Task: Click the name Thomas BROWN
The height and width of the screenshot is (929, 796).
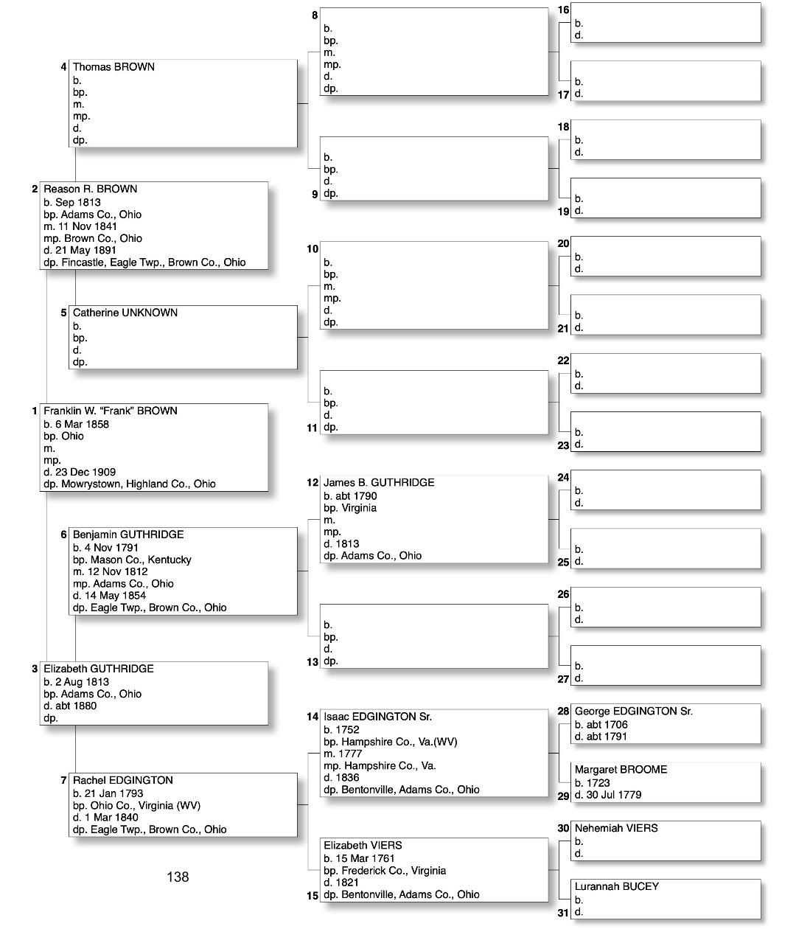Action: pyautogui.click(x=114, y=67)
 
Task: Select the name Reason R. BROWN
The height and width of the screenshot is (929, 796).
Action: pyautogui.click(x=90, y=189)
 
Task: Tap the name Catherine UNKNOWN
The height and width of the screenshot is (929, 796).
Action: pyautogui.click(x=125, y=313)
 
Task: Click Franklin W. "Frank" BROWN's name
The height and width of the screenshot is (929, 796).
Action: pyautogui.click(x=110, y=411)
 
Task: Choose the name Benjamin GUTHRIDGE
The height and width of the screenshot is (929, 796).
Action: pyautogui.click(x=128, y=535)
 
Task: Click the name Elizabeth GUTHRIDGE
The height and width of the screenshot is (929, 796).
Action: pyautogui.click(x=98, y=669)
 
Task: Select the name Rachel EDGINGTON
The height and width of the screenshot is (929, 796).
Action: pyautogui.click(x=122, y=780)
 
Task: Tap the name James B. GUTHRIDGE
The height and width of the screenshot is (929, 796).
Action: pyautogui.click(x=379, y=483)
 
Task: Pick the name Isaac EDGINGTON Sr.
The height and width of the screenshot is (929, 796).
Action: pyautogui.click(x=377, y=717)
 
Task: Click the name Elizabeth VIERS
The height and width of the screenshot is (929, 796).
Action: pyautogui.click(x=363, y=846)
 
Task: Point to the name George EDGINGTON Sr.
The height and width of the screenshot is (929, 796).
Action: pyautogui.click(x=633, y=711)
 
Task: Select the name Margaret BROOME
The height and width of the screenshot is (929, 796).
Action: pyautogui.click(x=621, y=770)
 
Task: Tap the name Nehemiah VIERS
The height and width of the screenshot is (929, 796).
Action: pyautogui.click(x=616, y=828)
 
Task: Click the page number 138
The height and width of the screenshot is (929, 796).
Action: pyautogui.click(x=178, y=877)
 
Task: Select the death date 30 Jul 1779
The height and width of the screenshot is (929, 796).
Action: pyautogui.click(x=613, y=795)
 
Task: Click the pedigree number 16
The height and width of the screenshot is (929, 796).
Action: pyautogui.click(x=563, y=10)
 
